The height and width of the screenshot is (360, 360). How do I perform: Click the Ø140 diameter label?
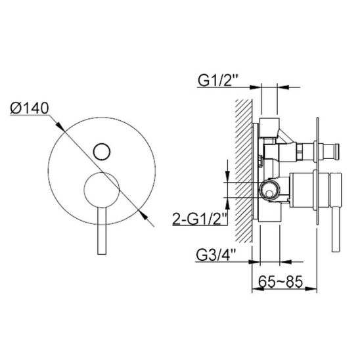coord(30,108)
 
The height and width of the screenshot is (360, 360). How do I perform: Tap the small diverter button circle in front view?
coord(102,152)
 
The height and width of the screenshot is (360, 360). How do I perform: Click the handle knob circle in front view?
coord(102,190)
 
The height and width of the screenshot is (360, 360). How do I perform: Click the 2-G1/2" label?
coord(200,219)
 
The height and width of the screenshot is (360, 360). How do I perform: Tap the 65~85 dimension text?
coord(281,281)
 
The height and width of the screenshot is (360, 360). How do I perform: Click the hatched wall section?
coord(244,171)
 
